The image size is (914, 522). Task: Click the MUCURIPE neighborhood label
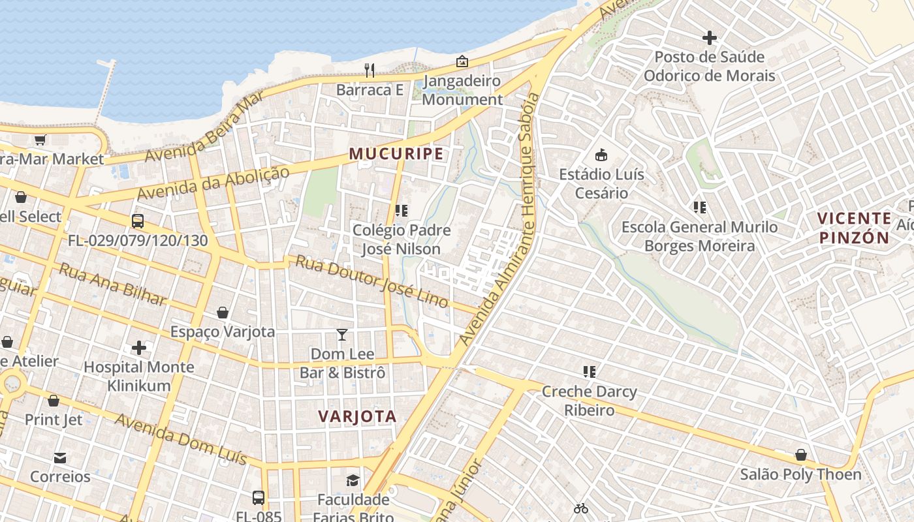pos(396,154)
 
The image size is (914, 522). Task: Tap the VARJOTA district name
pos(357,416)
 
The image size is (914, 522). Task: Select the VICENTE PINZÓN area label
pos(854,228)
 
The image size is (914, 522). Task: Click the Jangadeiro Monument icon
pos(462,61)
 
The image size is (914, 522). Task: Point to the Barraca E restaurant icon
pos(370,70)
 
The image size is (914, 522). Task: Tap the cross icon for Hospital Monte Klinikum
pos(138,347)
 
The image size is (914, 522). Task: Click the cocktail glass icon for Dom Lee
pos(342,335)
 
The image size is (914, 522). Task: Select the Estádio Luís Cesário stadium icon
pos(601,155)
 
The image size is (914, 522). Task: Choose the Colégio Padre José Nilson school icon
pos(402,211)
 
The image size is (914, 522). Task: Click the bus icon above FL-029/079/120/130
pos(138,221)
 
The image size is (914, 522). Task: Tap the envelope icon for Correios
pos(60,457)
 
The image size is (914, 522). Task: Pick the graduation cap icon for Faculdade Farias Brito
pos(353,480)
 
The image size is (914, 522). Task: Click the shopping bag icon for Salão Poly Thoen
pos(800,455)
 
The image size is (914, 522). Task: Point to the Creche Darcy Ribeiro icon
pos(590,372)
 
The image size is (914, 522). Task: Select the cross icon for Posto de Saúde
pos(710,38)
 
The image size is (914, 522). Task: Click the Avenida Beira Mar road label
pos(204,127)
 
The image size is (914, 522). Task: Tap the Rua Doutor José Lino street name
pos(372,281)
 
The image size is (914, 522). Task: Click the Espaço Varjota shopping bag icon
pos(223,313)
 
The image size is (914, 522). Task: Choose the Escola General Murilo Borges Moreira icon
pos(700,207)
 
